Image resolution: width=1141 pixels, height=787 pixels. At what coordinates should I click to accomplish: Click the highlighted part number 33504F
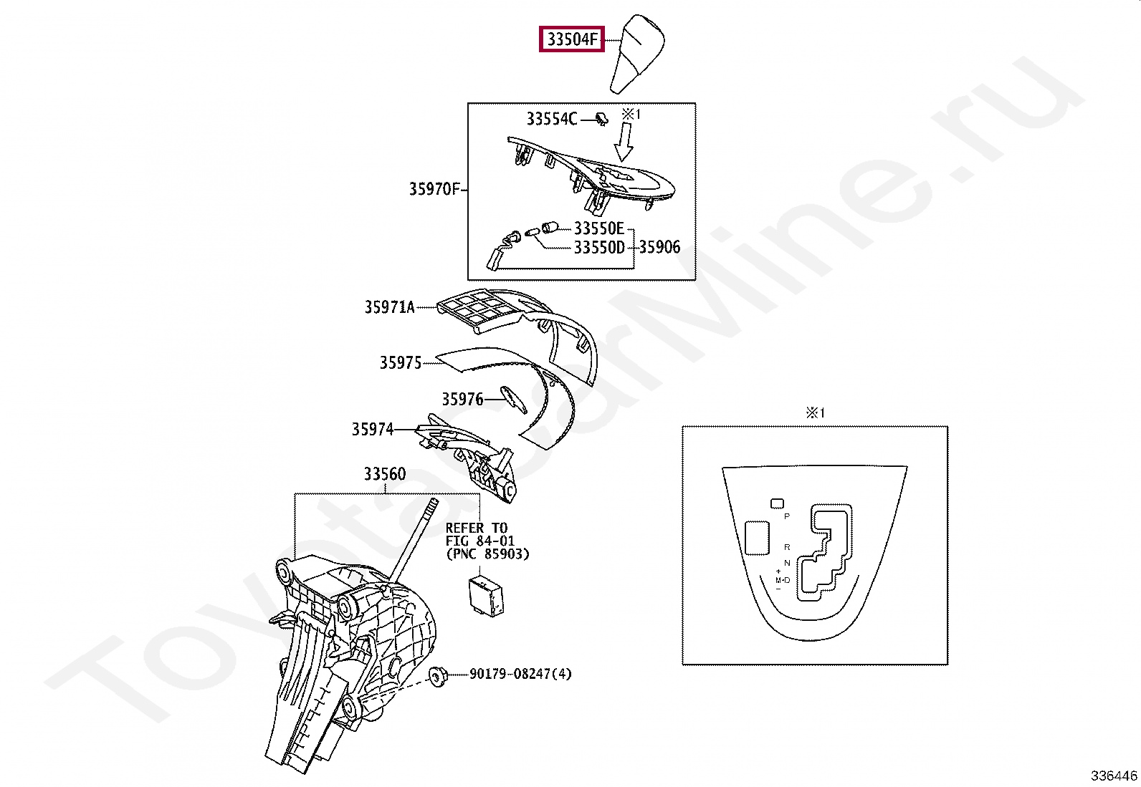572,39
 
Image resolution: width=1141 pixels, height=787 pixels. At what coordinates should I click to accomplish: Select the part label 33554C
551,119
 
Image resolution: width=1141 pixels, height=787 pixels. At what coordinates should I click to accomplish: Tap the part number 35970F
434,190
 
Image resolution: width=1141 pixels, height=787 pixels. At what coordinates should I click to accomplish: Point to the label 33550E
598,228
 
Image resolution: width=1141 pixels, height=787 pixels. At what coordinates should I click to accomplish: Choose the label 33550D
598,248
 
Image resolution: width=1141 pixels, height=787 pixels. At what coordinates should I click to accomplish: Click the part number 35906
659,248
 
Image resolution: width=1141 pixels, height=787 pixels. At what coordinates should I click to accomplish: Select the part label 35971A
389,307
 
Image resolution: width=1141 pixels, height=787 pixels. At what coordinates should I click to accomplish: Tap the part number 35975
401,363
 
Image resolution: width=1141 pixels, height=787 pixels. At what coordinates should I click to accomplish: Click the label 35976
462,400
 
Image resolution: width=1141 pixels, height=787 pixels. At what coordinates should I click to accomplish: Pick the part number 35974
373,430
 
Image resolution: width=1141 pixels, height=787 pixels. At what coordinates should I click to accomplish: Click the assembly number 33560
384,474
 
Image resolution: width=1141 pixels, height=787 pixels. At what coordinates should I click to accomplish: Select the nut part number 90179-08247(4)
520,674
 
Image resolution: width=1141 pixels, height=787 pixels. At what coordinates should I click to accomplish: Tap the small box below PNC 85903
485,592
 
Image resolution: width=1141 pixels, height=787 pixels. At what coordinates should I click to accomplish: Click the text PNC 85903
487,554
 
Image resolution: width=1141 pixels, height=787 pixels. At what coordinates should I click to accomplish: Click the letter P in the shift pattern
786,516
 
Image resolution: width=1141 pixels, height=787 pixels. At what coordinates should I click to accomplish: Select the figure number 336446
1114,776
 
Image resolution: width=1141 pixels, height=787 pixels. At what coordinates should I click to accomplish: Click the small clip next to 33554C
601,119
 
